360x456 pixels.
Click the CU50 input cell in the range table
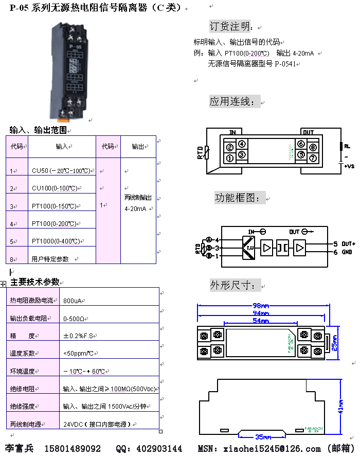pyautogui.click(x=61, y=170)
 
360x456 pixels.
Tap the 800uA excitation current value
pyautogui.click(x=73, y=300)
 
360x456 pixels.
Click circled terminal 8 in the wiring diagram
pyautogui.click(x=313, y=147)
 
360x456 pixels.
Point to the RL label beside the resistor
pyautogui.click(x=347, y=146)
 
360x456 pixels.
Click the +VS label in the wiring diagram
pyautogui.click(x=349, y=166)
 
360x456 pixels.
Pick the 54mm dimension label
pyautogui.click(x=260, y=321)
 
